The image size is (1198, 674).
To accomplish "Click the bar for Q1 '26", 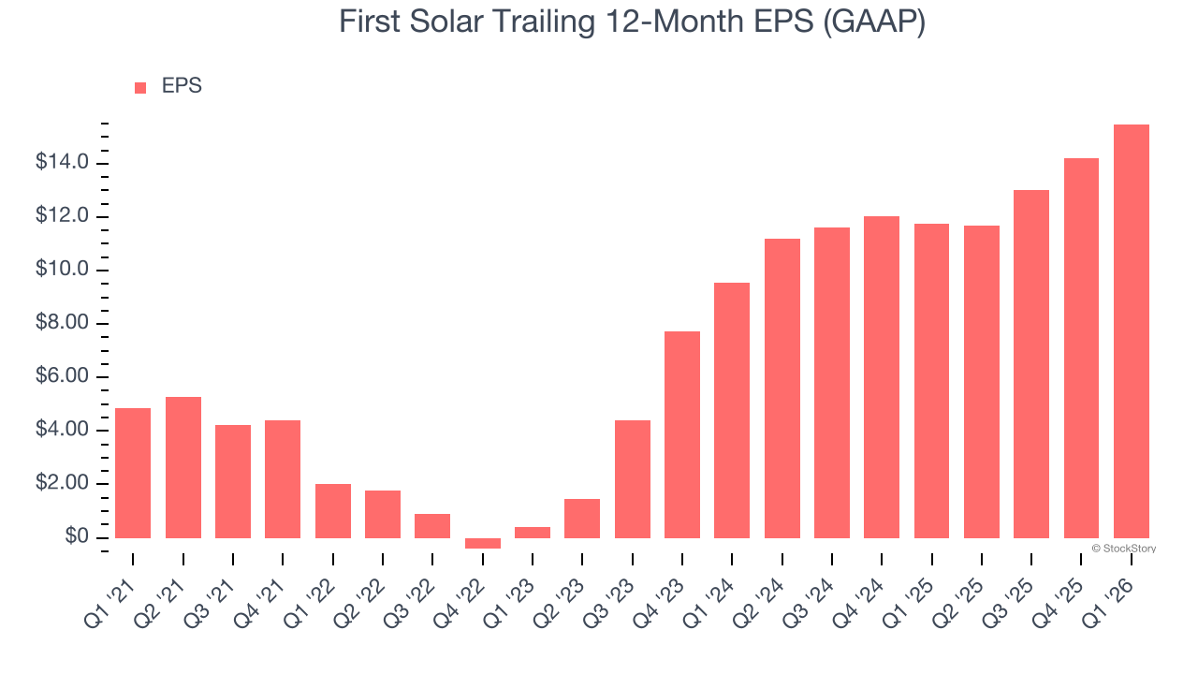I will pyautogui.click(x=1131, y=331).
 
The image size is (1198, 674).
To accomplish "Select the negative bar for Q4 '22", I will pyautogui.click(x=483, y=543).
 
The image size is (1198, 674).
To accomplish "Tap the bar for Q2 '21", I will pyautogui.click(x=183, y=468).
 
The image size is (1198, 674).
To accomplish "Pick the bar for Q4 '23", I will pyautogui.click(x=682, y=435).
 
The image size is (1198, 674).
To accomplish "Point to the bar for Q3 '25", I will pyautogui.click(x=1031, y=364).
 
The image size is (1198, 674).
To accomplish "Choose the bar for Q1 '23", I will pyautogui.click(x=533, y=533).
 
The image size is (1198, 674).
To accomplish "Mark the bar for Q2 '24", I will pyautogui.click(x=782, y=388).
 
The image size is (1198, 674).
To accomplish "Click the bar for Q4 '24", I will pyautogui.click(x=882, y=377).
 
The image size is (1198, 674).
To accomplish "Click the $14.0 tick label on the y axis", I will pyautogui.click(x=63, y=163).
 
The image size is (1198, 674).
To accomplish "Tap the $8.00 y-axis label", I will pyautogui.click(x=63, y=324).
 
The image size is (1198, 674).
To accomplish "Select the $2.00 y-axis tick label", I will pyautogui.click(x=63, y=484).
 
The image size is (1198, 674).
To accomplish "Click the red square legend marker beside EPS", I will pyautogui.click(x=140, y=87).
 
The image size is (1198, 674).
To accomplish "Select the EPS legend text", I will pyautogui.click(x=182, y=86).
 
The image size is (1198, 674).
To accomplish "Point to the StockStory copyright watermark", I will pyautogui.click(x=1124, y=549).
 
